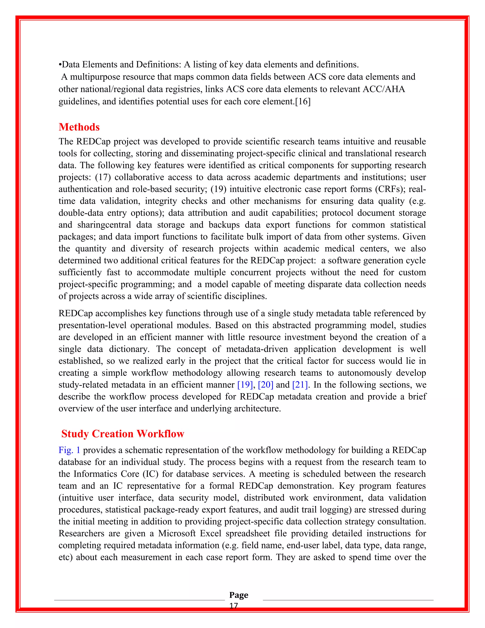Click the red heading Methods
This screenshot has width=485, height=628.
(79, 127)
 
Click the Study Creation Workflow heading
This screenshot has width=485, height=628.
(123, 434)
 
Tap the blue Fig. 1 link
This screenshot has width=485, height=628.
(69, 450)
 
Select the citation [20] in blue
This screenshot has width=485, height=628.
(265, 385)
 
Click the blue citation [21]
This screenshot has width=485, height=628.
(300, 385)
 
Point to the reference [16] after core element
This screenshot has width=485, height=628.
(303, 101)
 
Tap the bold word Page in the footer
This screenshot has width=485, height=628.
(238, 595)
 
